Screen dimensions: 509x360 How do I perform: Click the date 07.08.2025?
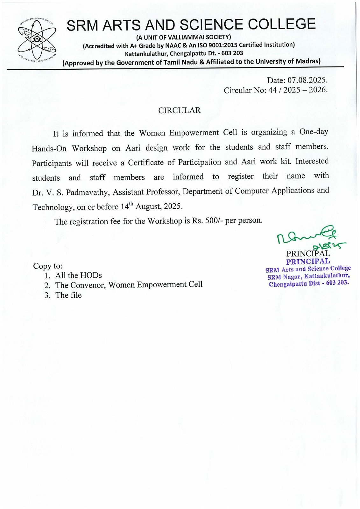tap(307, 80)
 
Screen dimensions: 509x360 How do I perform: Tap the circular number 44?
tap(273, 90)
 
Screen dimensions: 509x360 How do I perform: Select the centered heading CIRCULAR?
tap(180, 110)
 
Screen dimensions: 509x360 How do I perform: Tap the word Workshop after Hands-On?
tap(89, 148)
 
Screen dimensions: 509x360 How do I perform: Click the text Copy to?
tap(48, 266)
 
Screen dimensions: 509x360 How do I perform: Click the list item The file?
tap(68, 295)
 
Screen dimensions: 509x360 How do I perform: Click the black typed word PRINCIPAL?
tap(308, 254)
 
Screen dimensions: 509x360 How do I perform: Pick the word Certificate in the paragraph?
tap(146, 163)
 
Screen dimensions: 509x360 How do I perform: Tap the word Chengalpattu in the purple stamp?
tap(288, 284)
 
